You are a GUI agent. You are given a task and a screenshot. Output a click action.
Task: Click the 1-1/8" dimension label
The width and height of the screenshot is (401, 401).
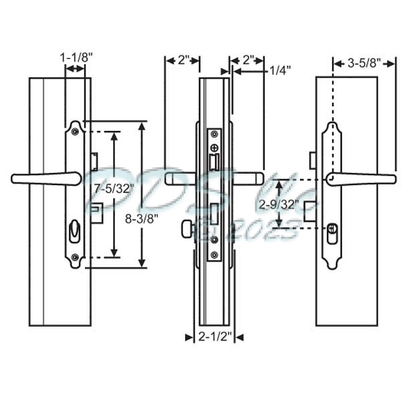coord(76,58)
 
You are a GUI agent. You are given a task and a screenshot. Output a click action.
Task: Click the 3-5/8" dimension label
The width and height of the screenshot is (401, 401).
coord(365,63)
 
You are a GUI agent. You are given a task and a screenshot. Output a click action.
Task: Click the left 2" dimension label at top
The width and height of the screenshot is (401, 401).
coord(182,60)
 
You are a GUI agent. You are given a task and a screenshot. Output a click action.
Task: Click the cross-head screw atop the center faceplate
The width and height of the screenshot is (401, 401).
coord(213,147)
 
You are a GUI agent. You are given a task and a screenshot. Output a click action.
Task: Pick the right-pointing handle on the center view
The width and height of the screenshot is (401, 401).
coord(248,178)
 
